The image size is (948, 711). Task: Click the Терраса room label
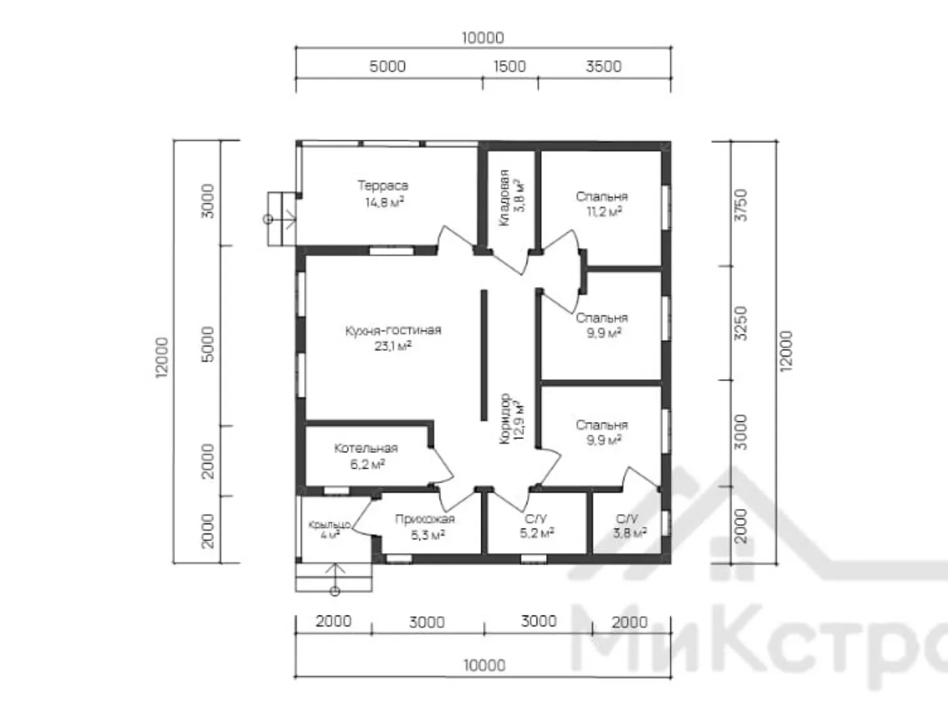[382, 186]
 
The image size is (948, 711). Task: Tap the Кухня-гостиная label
[393, 330]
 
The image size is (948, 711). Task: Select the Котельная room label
[366, 448]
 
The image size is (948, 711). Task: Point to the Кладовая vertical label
[504, 197]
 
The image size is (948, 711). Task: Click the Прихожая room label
[425, 519]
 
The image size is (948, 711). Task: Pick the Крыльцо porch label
[329, 525]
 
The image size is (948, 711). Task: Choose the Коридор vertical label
[504, 418]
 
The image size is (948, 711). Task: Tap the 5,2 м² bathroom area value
[537, 534]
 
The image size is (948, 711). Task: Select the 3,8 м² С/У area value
[630, 534]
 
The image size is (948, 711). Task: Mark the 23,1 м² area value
[392, 346]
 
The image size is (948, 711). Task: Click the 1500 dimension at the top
[510, 66]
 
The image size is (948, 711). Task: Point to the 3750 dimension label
[741, 205]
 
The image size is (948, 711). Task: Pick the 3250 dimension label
[741, 323]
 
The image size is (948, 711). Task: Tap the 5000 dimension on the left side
[208, 344]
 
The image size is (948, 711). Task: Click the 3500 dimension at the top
[604, 66]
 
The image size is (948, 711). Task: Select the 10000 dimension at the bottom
[485, 666]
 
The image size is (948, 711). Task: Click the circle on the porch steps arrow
[334, 591]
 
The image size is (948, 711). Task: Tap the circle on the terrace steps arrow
[268, 219]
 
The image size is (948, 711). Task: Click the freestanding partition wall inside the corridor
[484, 355]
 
